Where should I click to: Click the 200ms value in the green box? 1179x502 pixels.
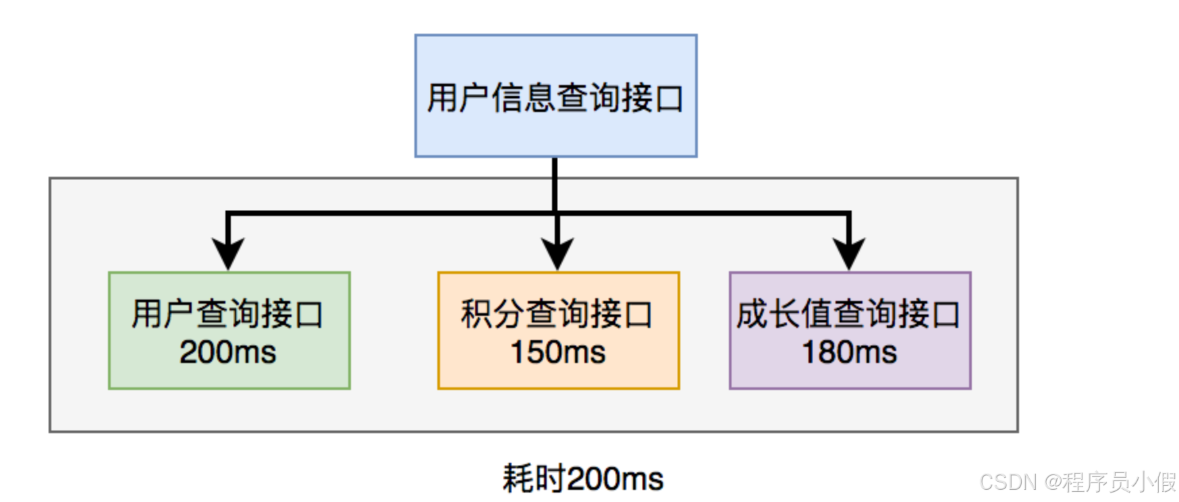pyautogui.click(x=228, y=352)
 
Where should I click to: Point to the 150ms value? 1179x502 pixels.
pyautogui.click(x=558, y=352)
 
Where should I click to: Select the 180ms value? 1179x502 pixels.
pyautogui.click(x=850, y=352)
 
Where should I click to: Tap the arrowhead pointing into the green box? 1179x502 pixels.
pyautogui.click(x=228, y=254)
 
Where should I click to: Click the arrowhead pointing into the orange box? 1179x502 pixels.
pyautogui.click(x=557, y=254)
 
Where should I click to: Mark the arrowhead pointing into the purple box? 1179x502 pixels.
pyautogui.click(x=849, y=254)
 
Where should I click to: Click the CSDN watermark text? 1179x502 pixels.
pyautogui.click(x=1008, y=482)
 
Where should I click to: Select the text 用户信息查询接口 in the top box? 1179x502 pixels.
pyautogui.click(x=555, y=98)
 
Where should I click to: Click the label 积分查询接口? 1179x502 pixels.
pyautogui.click(x=557, y=314)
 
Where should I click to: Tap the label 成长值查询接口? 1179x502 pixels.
pyautogui.click(x=849, y=314)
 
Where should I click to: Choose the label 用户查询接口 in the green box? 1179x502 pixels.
pyautogui.click(x=228, y=314)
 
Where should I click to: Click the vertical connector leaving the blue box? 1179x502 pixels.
pyautogui.click(x=555, y=182)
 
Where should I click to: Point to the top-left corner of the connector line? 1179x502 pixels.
pyautogui.click(x=228, y=214)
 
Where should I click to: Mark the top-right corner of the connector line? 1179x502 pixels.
pyautogui.click(x=849, y=214)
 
